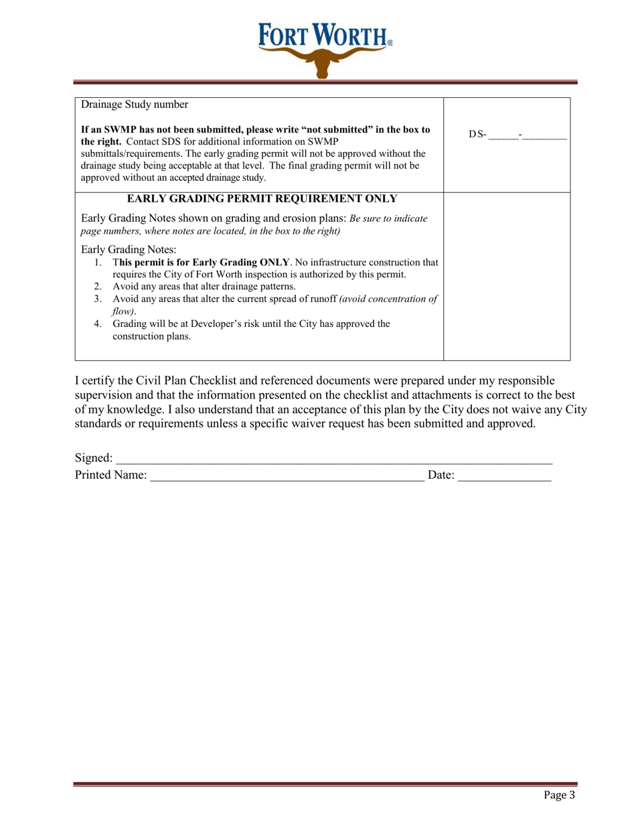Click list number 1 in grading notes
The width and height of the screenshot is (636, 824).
[x=99, y=262]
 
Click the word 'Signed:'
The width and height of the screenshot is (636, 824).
[x=93, y=458]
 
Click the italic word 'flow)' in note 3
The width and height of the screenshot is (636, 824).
[x=124, y=312]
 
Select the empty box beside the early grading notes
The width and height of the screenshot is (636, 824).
[x=507, y=275]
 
